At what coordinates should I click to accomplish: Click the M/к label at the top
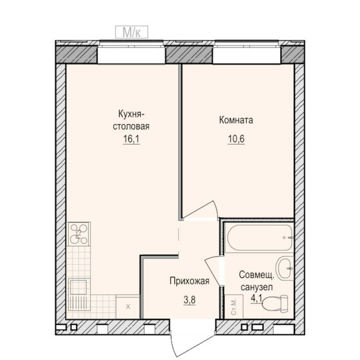132,31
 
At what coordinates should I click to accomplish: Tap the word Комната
235,120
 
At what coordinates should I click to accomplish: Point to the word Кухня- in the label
130,114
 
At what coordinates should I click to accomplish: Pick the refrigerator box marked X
127,306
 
